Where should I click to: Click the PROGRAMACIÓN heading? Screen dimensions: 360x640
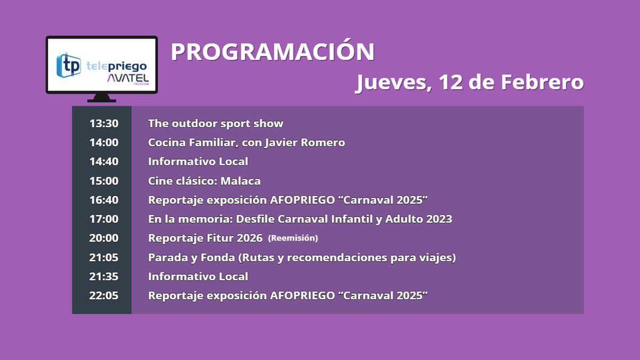pyautogui.click(x=273, y=52)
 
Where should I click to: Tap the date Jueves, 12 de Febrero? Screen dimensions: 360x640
pyautogui.click(x=469, y=83)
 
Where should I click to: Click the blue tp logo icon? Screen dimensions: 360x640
pyautogui.click(x=69, y=65)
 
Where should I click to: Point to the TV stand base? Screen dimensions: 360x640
pyautogui.click(x=101, y=98)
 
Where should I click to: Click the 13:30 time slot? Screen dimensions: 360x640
pyautogui.click(x=104, y=124)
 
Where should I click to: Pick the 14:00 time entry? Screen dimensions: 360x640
pyautogui.click(x=104, y=143)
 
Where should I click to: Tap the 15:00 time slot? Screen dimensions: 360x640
pyautogui.click(x=104, y=181)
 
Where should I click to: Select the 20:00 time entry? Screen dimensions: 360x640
pyautogui.click(x=104, y=238)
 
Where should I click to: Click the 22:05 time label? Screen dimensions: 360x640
pyautogui.click(x=104, y=296)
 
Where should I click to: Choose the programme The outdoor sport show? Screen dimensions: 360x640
pyautogui.click(x=215, y=124)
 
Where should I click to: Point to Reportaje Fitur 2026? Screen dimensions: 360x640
pyautogui.click(x=205, y=238)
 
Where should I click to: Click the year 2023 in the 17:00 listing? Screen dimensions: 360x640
pyautogui.click(x=438, y=219)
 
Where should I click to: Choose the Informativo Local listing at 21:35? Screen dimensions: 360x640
pyautogui.click(x=198, y=277)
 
